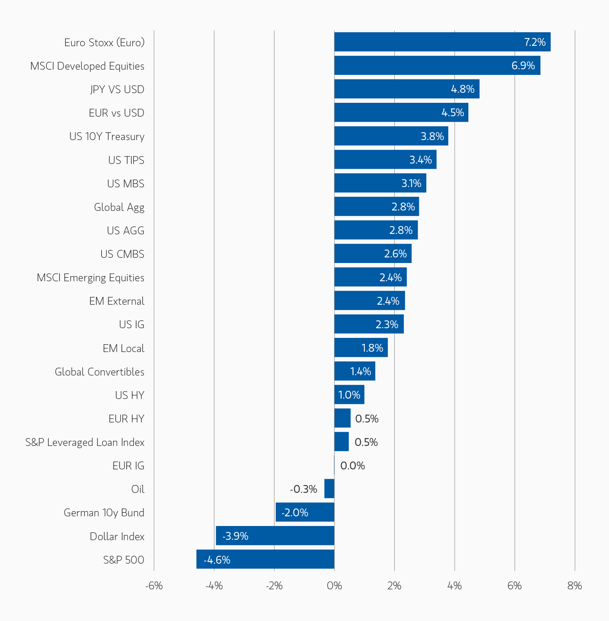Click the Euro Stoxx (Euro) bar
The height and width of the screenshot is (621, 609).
(x=442, y=42)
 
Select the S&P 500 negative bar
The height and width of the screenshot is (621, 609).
(x=265, y=560)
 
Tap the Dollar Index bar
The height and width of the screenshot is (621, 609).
(x=275, y=536)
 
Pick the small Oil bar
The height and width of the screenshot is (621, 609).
(x=329, y=489)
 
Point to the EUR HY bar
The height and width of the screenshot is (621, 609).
(x=342, y=418)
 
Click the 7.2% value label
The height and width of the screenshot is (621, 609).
(x=535, y=42)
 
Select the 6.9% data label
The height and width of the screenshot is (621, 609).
(x=523, y=66)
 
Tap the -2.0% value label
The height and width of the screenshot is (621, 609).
(x=295, y=513)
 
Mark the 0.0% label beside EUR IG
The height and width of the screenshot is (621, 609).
(x=352, y=466)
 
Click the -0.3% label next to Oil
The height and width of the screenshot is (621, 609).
(x=303, y=489)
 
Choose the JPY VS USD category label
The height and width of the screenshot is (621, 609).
(x=117, y=89)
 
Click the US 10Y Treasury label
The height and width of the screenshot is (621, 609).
(x=107, y=136)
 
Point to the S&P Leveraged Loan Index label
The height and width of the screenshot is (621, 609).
(x=85, y=442)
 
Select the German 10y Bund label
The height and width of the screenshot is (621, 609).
(x=104, y=513)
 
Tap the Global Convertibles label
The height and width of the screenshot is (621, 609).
(x=99, y=372)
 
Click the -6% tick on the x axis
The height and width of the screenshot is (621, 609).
(x=154, y=586)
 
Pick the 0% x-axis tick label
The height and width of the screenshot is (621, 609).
(x=334, y=586)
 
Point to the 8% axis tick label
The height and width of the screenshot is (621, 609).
(x=574, y=586)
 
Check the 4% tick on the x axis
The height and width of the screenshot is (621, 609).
(x=454, y=586)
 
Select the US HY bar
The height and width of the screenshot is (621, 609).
(x=349, y=395)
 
